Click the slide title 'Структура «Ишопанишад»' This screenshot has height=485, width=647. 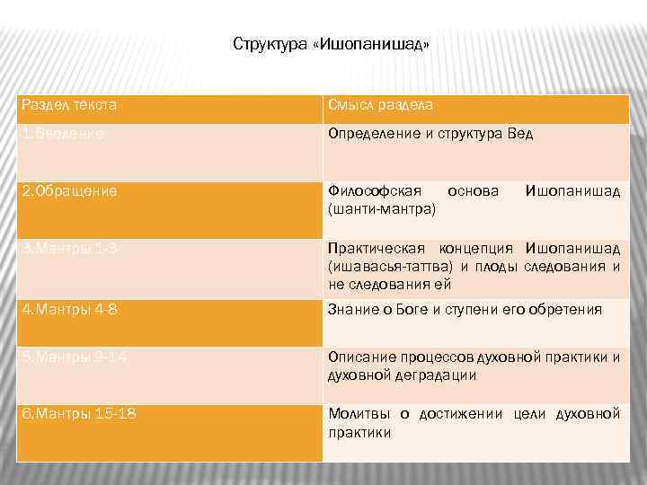pos(331,44)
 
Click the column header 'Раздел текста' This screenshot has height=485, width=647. pos(68,105)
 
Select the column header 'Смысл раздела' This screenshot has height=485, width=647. pos(380,105)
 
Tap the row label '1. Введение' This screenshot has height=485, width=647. pos(62,134)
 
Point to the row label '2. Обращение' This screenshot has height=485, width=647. pos(68,191)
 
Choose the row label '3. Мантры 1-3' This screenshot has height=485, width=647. pos(68,248)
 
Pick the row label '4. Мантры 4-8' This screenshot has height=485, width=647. pos(68,310)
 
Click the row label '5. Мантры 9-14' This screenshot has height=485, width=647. pos(74,357)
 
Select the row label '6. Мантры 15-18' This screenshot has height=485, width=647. pos(77,414)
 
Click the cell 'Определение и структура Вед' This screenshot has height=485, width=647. pos(430,134)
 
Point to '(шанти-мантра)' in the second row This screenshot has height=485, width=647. pos(382,208)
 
